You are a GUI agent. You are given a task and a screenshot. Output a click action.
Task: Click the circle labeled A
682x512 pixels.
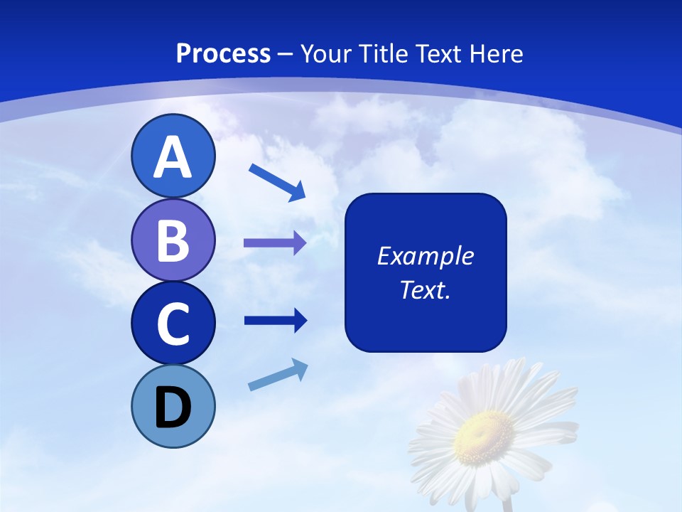[x=173, y=156]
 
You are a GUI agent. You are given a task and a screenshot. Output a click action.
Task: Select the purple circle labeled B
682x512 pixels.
[x=173, y=240]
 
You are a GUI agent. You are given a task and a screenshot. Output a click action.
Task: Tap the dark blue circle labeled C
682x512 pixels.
[x=173, y=323]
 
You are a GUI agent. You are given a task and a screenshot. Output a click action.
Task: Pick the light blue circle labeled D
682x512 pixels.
[x=173, y=406]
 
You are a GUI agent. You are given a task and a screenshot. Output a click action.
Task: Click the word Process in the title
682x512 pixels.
[x=223, y=53]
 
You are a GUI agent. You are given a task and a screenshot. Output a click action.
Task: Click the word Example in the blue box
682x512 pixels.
[x=425, y=255]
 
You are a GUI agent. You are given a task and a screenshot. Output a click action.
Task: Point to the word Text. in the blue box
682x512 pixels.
[x=425, y=289]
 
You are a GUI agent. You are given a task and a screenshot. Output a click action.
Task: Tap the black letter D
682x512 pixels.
[x=173, y=407]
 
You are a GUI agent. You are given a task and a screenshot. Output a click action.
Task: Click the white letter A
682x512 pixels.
[x=173, y=157]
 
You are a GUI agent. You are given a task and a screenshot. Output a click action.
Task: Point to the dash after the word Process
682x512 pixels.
[x=286, y=54]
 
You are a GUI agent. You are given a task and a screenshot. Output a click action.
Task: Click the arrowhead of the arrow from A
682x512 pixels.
[x=297, y=191]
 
